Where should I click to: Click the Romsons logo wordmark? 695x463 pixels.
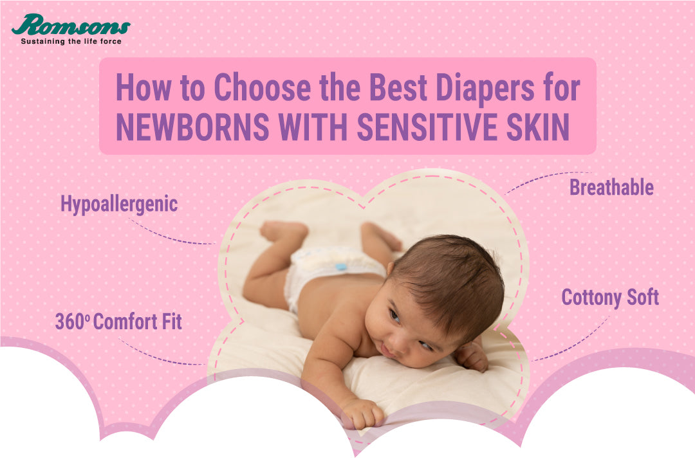pyautogui.click(x=71, y=25)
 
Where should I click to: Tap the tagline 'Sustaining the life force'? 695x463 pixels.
pyautogui.click(x=71, y=41)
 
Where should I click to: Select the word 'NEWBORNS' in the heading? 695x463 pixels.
pyautogui.click(x=192, y=127)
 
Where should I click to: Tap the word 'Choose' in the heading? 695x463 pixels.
pyautogui.click(x=263, y=87)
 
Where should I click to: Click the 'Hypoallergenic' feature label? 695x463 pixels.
pyautogui.click(x=119, y=205)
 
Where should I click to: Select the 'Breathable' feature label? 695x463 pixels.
pyautogui.click(x=611, y=187)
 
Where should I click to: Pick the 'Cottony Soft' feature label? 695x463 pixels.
pyautogui.click(x=610, y=298)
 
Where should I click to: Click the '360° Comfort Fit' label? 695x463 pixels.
pyautogui.click(x=118, y=322)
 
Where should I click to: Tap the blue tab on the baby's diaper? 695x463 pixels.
pyautogui.click(x=340, y=267)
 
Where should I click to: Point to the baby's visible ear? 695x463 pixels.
pyautogui.click(x=391, y=269)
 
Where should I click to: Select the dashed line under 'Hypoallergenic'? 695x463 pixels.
pyautogui.click(x=171, y=233)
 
